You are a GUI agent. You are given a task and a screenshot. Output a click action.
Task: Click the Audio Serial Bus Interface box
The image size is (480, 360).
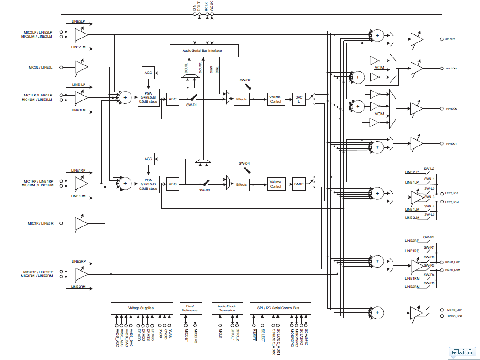(204, 50)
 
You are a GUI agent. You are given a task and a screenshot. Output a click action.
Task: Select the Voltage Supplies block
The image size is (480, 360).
(142, 308)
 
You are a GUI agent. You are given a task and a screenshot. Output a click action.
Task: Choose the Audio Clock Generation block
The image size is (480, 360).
(227, 308)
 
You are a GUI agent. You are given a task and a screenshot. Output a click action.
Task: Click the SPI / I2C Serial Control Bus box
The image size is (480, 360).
(280, 308)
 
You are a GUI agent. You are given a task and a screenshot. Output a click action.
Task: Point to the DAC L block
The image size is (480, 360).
(299, 99)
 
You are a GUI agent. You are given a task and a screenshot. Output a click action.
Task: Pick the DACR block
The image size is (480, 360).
(299, 184)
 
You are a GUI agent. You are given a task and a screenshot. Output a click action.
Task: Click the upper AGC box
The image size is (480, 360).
(148, 73)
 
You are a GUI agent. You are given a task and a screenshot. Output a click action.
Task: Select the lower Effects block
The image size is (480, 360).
(242, 184)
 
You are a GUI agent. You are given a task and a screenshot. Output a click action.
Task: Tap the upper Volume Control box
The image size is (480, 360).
(275, 99)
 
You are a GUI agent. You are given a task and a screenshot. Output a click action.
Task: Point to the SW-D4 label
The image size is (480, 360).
(244, 163)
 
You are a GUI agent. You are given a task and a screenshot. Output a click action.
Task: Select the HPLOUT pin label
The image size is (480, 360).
(450, 39)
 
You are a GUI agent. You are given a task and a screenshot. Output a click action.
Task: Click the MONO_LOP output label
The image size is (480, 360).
(454, 310)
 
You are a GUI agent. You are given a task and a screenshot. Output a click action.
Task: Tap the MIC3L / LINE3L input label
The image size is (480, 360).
(40, 67)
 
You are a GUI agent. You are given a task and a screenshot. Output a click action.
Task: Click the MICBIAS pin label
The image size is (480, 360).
(195, 334)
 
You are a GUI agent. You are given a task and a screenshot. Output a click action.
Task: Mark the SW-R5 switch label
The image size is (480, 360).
(429, 283)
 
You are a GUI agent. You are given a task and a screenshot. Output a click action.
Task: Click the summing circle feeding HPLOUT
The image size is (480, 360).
(377, 35)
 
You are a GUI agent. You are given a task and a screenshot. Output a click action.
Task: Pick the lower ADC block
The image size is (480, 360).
(173, 184)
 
